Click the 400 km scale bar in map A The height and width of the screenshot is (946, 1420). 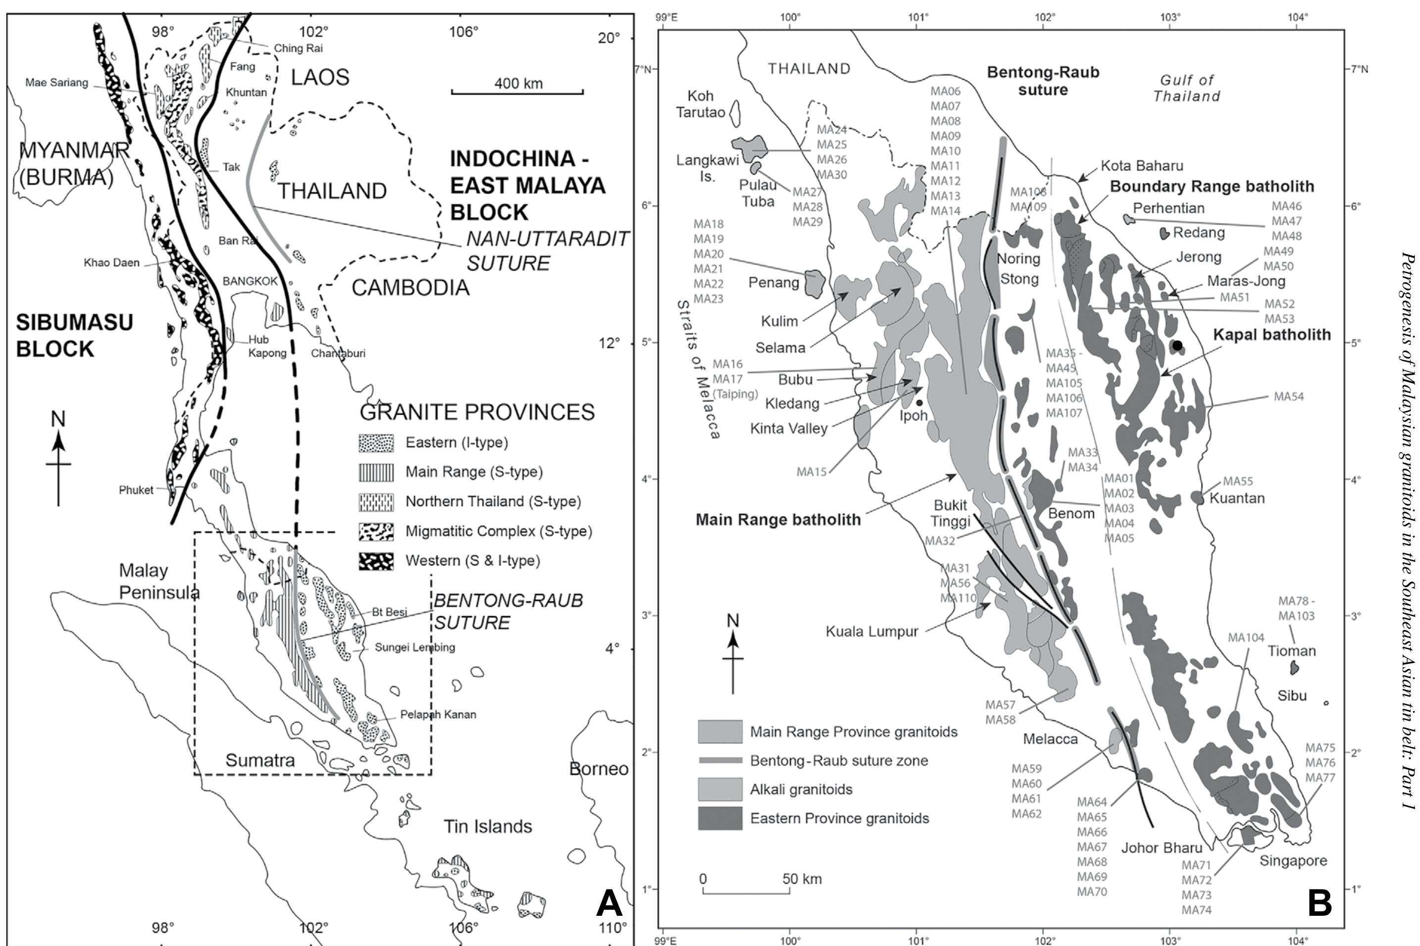click(x=517, y=92)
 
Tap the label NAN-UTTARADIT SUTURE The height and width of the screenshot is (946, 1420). click(x=548, y=250)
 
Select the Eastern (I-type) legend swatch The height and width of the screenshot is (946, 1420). click(x=376, y=443)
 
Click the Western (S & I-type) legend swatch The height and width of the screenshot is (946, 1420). click(x=376, y=561)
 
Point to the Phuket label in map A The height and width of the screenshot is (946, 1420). click(x=136, y=490)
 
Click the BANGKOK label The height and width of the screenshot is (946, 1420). click(x=250, y=281)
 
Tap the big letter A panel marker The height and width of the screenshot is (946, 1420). click(x=609, y=904)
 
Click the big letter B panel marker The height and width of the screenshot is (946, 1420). click(x=1320, y=904)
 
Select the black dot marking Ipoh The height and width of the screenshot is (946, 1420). click(x=919, y=402)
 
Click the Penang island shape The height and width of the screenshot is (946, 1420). click(x=814, y=284)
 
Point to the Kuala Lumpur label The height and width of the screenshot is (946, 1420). click(x=871, y=632)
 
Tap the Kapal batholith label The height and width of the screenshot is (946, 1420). click(x=1271, y=335)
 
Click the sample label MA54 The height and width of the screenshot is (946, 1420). click(x=1288, y=397)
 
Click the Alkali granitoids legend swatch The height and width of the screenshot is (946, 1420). click(x=720, y=789)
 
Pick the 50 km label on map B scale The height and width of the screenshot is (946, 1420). click(x=802, y=879)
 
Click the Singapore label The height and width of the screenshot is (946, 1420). click(x=1293, y=861)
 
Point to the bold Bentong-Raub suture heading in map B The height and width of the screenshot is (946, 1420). click(x=1043, y=81)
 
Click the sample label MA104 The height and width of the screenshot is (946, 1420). click(x=1246, y=638)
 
